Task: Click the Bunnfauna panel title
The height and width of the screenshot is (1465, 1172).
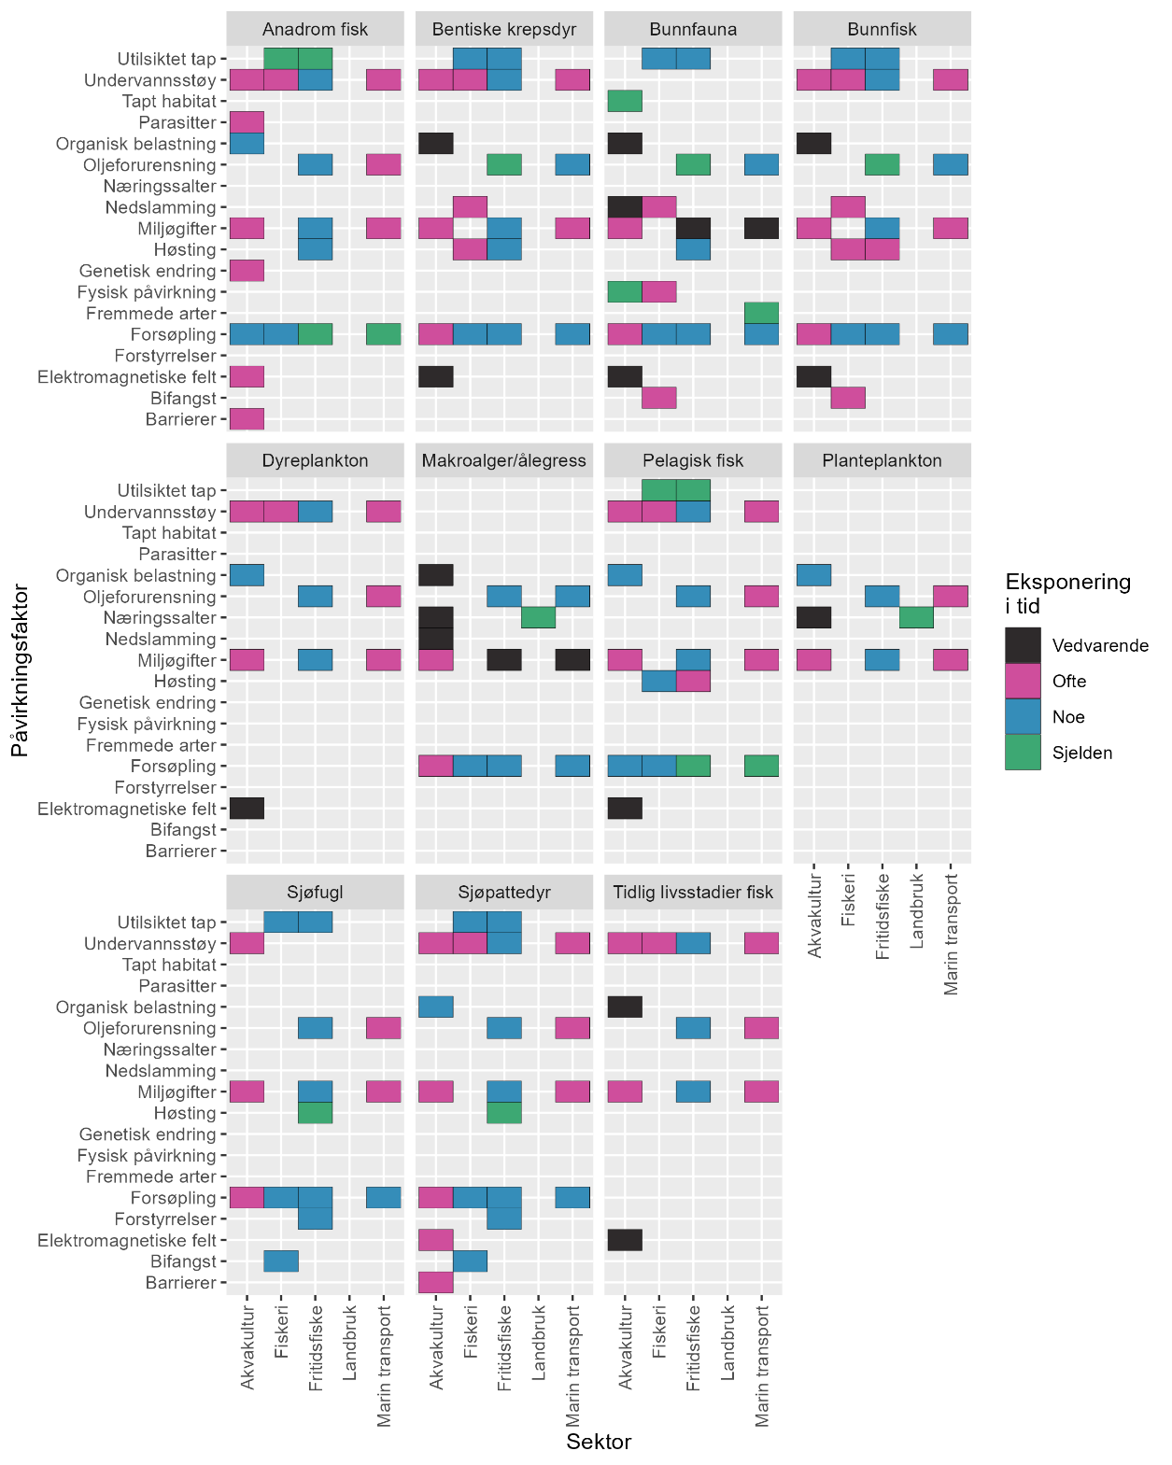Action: pos(693,29)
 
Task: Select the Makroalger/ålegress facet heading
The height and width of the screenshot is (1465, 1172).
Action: pos(504,460)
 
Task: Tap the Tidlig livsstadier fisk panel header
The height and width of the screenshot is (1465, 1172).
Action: pos(693,892)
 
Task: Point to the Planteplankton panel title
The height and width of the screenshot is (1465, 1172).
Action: pos(882,460)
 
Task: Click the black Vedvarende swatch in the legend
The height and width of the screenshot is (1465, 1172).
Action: pos(1023,645)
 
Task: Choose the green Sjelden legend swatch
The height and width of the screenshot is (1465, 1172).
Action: pos(1023,753)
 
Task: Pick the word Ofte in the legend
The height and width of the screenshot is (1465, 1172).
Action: pos(1069,682)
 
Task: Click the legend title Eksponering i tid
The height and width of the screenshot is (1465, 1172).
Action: pos(1067,594)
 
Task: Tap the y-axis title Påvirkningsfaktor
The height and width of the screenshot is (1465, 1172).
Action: pos(18,670)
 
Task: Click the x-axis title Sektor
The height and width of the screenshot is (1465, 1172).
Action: pos(599,1442)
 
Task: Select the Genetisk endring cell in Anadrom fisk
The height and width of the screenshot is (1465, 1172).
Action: pos(247,271)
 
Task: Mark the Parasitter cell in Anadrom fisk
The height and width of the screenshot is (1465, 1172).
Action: pos(247,122)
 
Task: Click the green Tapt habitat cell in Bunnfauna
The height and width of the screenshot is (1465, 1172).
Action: pos(625,101)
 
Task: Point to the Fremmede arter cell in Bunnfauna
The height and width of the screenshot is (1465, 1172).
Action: pos(761,313)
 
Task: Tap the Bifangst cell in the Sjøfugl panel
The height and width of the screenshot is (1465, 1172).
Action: pos(281,1261)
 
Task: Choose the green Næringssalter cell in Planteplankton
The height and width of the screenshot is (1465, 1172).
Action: pos(916,617)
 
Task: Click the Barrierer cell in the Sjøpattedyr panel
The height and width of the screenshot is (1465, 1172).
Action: pos(436,1282)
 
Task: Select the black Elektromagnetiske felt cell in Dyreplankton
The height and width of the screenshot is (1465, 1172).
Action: pos(247,809)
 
